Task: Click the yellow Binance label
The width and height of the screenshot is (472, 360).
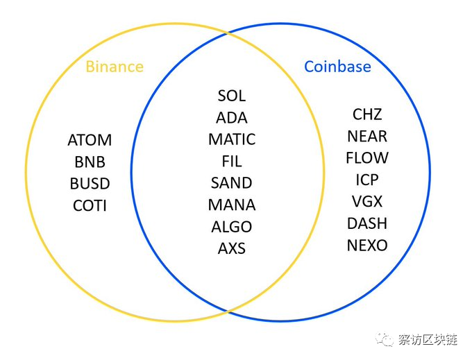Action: [x=115, y=67]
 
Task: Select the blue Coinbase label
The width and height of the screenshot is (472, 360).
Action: [x=337, y=67]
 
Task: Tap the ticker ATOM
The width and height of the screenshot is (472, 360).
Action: [x=90, y=140]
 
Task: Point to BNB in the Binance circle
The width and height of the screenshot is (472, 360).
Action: [x=90, y=162]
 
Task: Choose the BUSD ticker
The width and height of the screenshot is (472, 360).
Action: [x=90, y=184]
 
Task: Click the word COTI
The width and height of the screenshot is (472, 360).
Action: [x=90, y=206]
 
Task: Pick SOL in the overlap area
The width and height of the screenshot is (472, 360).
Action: [x=232, y=96]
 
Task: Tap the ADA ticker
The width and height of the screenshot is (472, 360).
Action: [x=232, y=118]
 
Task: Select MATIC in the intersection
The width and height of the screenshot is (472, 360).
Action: [x=232, y=139]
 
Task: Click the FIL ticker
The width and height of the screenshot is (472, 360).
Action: [x=232, y=162]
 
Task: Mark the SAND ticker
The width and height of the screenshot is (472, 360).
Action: [x=232, y=183]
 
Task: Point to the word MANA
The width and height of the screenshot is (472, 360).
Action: [x=232, y=205]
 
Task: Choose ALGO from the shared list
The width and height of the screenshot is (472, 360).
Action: [x=232, y=227]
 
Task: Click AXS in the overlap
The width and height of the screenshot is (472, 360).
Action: [x=232, y=248]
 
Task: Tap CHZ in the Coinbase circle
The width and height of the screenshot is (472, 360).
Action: [x=367, y=114]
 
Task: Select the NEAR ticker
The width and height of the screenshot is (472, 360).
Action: [x=367, y=136]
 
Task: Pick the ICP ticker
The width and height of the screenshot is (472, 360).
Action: [x=367, y=180]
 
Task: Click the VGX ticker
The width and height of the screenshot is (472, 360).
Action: [x=367, y=202]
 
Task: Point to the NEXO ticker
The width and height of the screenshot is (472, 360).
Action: [x=367, y=245]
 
